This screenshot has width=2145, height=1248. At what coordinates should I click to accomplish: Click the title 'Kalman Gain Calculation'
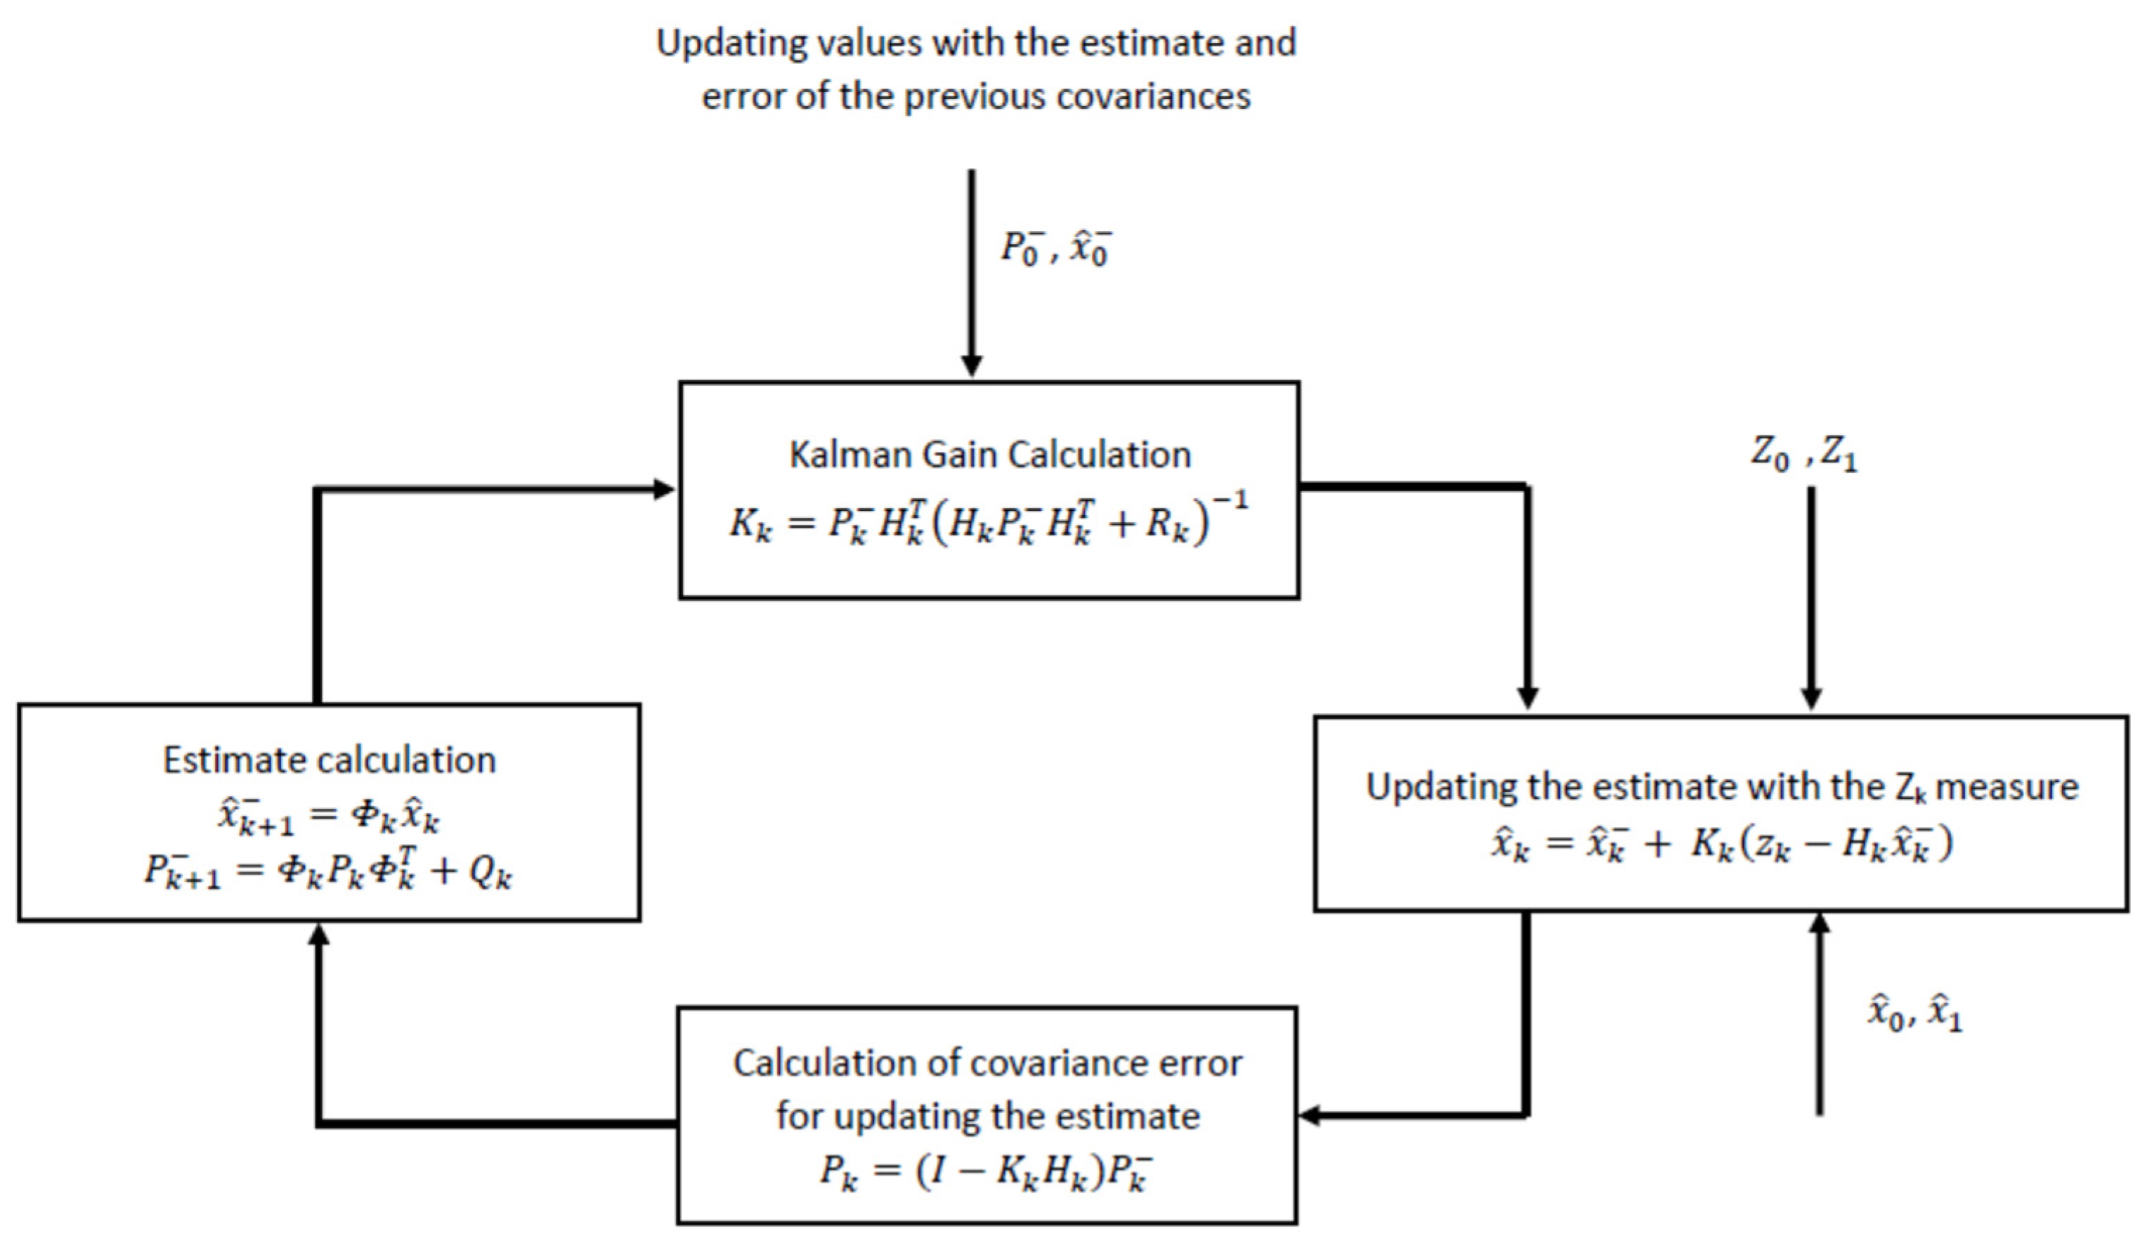coord(989,455)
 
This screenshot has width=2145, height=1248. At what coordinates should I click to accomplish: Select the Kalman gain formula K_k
coord(987,519)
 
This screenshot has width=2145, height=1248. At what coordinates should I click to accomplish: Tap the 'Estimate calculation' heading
coord(329,760)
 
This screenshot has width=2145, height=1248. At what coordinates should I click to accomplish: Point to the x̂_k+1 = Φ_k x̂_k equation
coord(329,817)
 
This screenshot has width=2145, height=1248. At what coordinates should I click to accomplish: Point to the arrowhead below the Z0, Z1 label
coord(1811,698)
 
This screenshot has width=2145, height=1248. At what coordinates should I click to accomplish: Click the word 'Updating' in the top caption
coord(729,43)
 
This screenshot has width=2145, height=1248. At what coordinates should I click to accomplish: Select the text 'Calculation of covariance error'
coord(987,1063)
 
